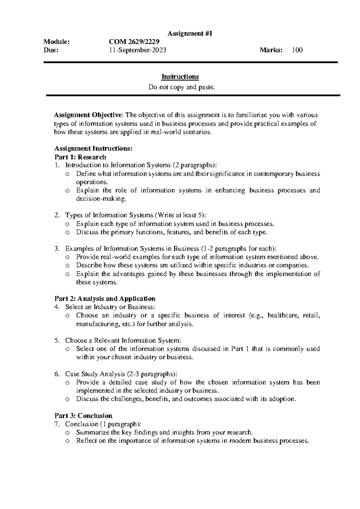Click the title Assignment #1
190,34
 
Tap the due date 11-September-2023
137,50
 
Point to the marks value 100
297,50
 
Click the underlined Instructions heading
180,77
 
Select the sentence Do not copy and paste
182,88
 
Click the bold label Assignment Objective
88,115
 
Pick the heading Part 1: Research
80,157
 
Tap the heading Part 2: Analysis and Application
105,299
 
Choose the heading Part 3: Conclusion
83,416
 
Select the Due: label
51,50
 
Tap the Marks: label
271,50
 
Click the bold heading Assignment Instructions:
93,149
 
